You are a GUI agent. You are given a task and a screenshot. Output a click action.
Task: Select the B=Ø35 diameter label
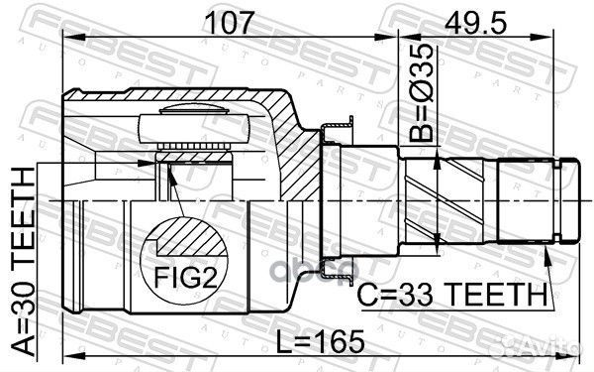click(x=421, y=92)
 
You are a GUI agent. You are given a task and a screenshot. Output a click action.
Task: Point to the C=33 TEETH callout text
click(x=452, y=295)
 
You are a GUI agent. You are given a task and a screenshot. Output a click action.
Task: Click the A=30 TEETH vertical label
click(x=22, y=261)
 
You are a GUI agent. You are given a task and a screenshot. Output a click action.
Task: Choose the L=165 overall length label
click(x=320, y=341)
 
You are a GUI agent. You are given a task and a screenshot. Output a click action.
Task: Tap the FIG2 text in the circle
click(x=184, y=278)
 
